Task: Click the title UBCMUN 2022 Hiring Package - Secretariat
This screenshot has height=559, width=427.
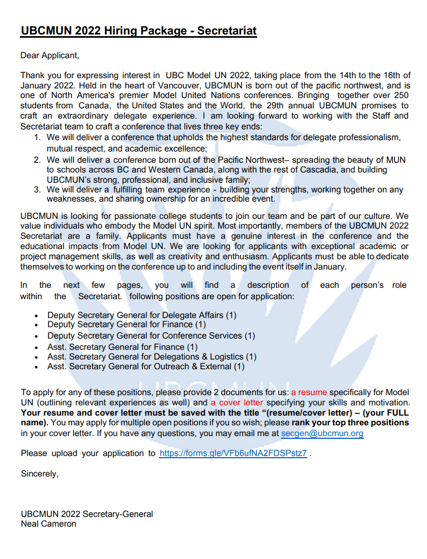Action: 139,31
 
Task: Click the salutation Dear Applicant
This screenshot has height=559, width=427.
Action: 50,55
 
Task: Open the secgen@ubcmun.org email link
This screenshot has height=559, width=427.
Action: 322,433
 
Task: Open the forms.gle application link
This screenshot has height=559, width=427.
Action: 233,453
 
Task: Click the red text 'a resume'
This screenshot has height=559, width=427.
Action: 309,392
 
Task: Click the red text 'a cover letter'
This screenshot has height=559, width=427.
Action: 237,403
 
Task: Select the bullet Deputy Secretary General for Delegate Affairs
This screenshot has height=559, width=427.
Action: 142,315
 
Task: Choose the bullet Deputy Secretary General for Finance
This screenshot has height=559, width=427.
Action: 127,325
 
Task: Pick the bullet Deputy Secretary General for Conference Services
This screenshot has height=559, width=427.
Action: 151,335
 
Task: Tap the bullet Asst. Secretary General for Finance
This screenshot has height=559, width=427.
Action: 122,347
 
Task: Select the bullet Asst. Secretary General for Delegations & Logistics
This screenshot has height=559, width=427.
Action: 151,357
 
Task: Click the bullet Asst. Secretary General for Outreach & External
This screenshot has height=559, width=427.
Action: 146,367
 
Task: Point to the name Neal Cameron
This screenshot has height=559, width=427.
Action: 49,523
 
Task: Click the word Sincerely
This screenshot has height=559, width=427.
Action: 39,474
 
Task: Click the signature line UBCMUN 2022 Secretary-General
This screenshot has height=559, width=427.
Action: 87,514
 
